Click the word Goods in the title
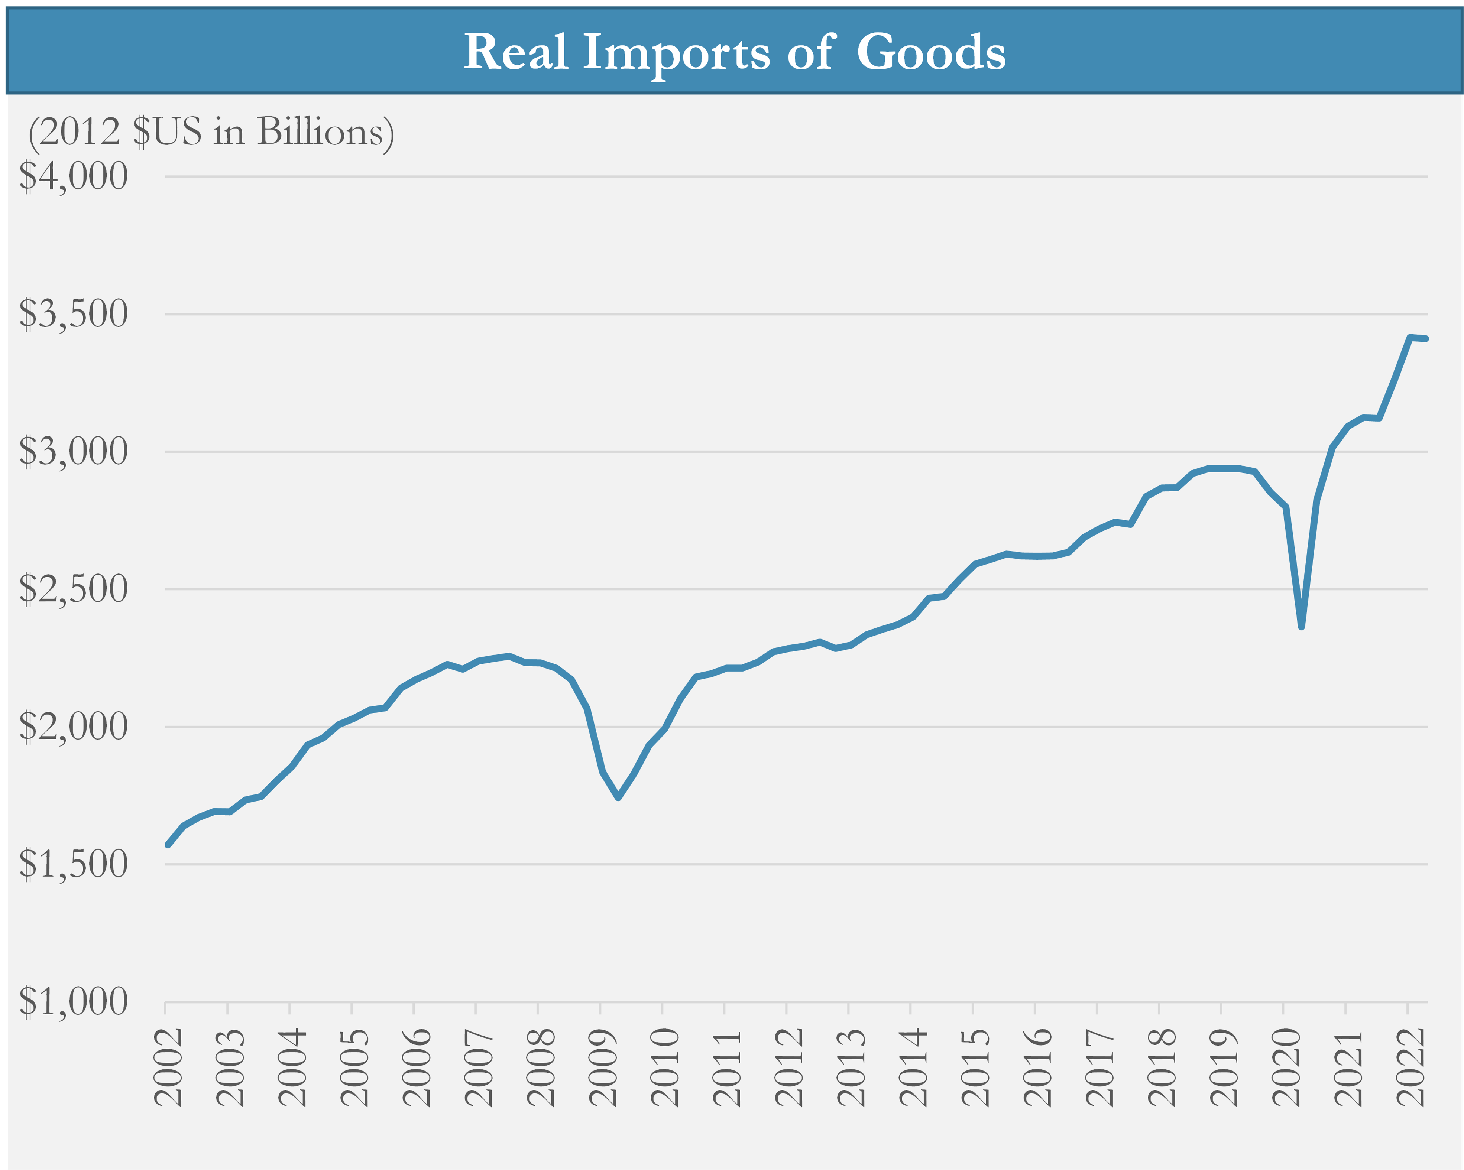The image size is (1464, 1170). pos(930,52)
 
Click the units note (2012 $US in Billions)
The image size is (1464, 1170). pos(211,131)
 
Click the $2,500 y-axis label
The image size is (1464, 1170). pos(73,589)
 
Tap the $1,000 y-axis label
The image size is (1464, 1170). pos(73,1002)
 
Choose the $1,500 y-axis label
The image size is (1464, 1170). pos(73,864)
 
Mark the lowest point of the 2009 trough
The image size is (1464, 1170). pos(618,798)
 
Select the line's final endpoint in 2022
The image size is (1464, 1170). pos(1426,339)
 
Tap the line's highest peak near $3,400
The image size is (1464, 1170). pos(1410,337)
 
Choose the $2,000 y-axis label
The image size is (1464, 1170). pos(73,727)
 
